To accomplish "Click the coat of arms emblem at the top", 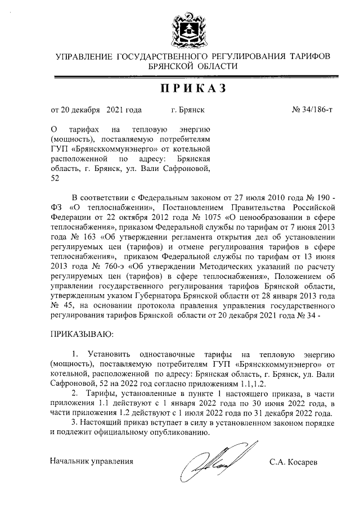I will [180, 30].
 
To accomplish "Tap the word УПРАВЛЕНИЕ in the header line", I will [84, 56].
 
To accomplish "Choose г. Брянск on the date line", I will [188, 110].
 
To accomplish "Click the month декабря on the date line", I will [84, 110].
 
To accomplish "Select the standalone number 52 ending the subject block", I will [55, 178].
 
